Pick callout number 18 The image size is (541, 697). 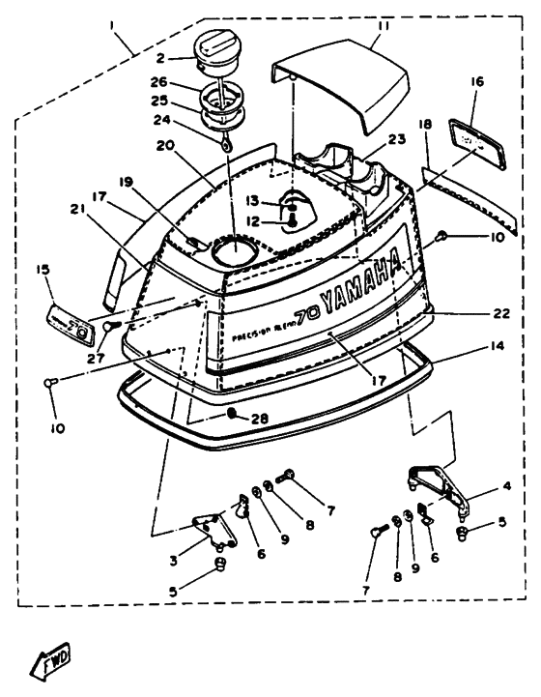click(425, 126)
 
